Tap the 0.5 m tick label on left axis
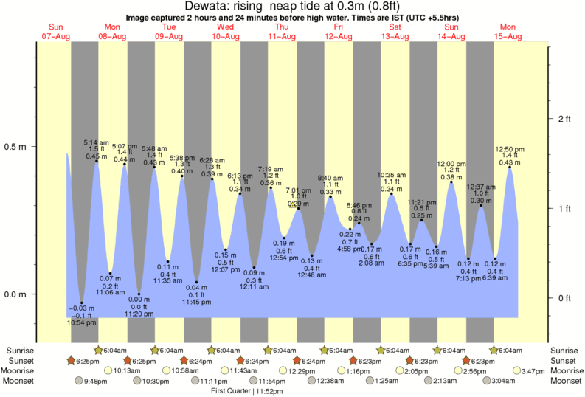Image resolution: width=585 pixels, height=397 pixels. (15, 147)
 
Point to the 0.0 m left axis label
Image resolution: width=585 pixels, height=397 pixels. (15, 294)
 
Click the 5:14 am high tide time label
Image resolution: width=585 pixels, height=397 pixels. (97, 142)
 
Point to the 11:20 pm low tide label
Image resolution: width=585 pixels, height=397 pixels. (139, 314)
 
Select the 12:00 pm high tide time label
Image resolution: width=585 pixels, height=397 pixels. (451, 163)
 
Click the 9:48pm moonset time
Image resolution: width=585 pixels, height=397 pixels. (100, 381)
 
